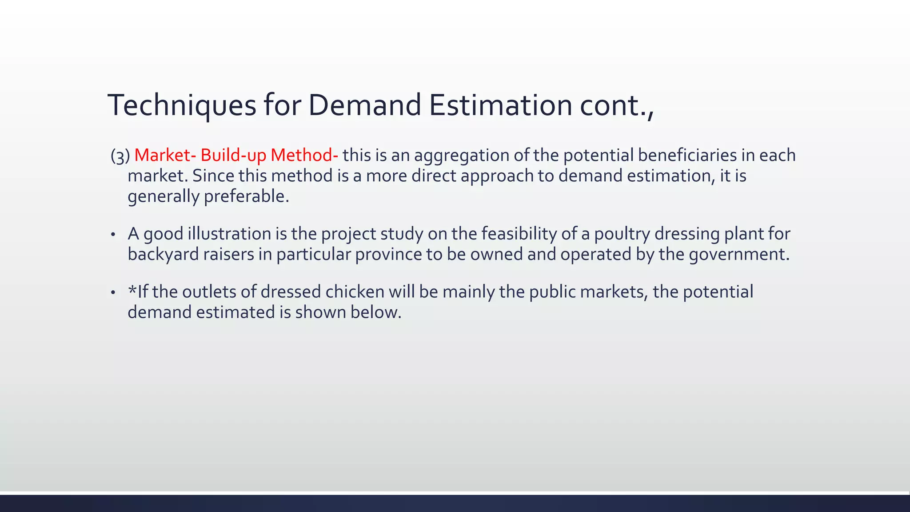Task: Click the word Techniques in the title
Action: [182, 105]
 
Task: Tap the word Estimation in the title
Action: [500, 105]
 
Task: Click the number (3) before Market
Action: [120, 156]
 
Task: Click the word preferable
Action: [246, 196]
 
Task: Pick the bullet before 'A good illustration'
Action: [113, 234]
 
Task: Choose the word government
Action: [739, 254]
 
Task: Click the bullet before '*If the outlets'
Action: [113, 292]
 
